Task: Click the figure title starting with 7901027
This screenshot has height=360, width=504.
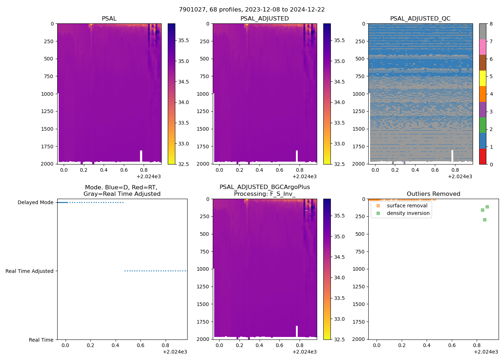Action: [x=252, y=10]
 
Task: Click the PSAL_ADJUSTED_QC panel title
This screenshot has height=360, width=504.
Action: [x=420, y=19]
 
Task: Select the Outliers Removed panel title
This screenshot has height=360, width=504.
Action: [x=433, y=194]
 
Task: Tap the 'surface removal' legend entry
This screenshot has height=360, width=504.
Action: [x=407, y=206]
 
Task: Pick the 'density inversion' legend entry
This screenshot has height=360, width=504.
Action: [x=408, y=213]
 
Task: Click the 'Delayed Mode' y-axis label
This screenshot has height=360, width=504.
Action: [x=35, y=202]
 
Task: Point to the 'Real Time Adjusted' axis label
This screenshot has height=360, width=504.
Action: [x=29, y=271]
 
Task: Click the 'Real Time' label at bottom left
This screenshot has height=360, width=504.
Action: [x=41, y=340]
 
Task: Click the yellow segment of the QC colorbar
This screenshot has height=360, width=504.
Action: [x=482, y=78]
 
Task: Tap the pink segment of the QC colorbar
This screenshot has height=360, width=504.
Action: [x=482, y=47]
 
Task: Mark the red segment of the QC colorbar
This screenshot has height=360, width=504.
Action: [x=482, y=156]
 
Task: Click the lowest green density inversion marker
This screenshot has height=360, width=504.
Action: [x=485, y=220]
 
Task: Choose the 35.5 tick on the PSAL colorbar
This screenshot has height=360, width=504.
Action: [x=184, y=40]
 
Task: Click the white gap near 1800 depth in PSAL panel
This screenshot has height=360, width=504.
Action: [x=141, y=156]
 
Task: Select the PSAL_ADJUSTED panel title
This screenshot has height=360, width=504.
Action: [x=265, y=19]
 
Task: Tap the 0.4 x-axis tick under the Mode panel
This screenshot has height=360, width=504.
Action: [x=115, y=345]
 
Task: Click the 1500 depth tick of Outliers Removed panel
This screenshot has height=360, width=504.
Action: [x=358, y=304]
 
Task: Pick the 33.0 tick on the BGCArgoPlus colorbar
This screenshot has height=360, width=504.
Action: [x=339, y=319]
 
